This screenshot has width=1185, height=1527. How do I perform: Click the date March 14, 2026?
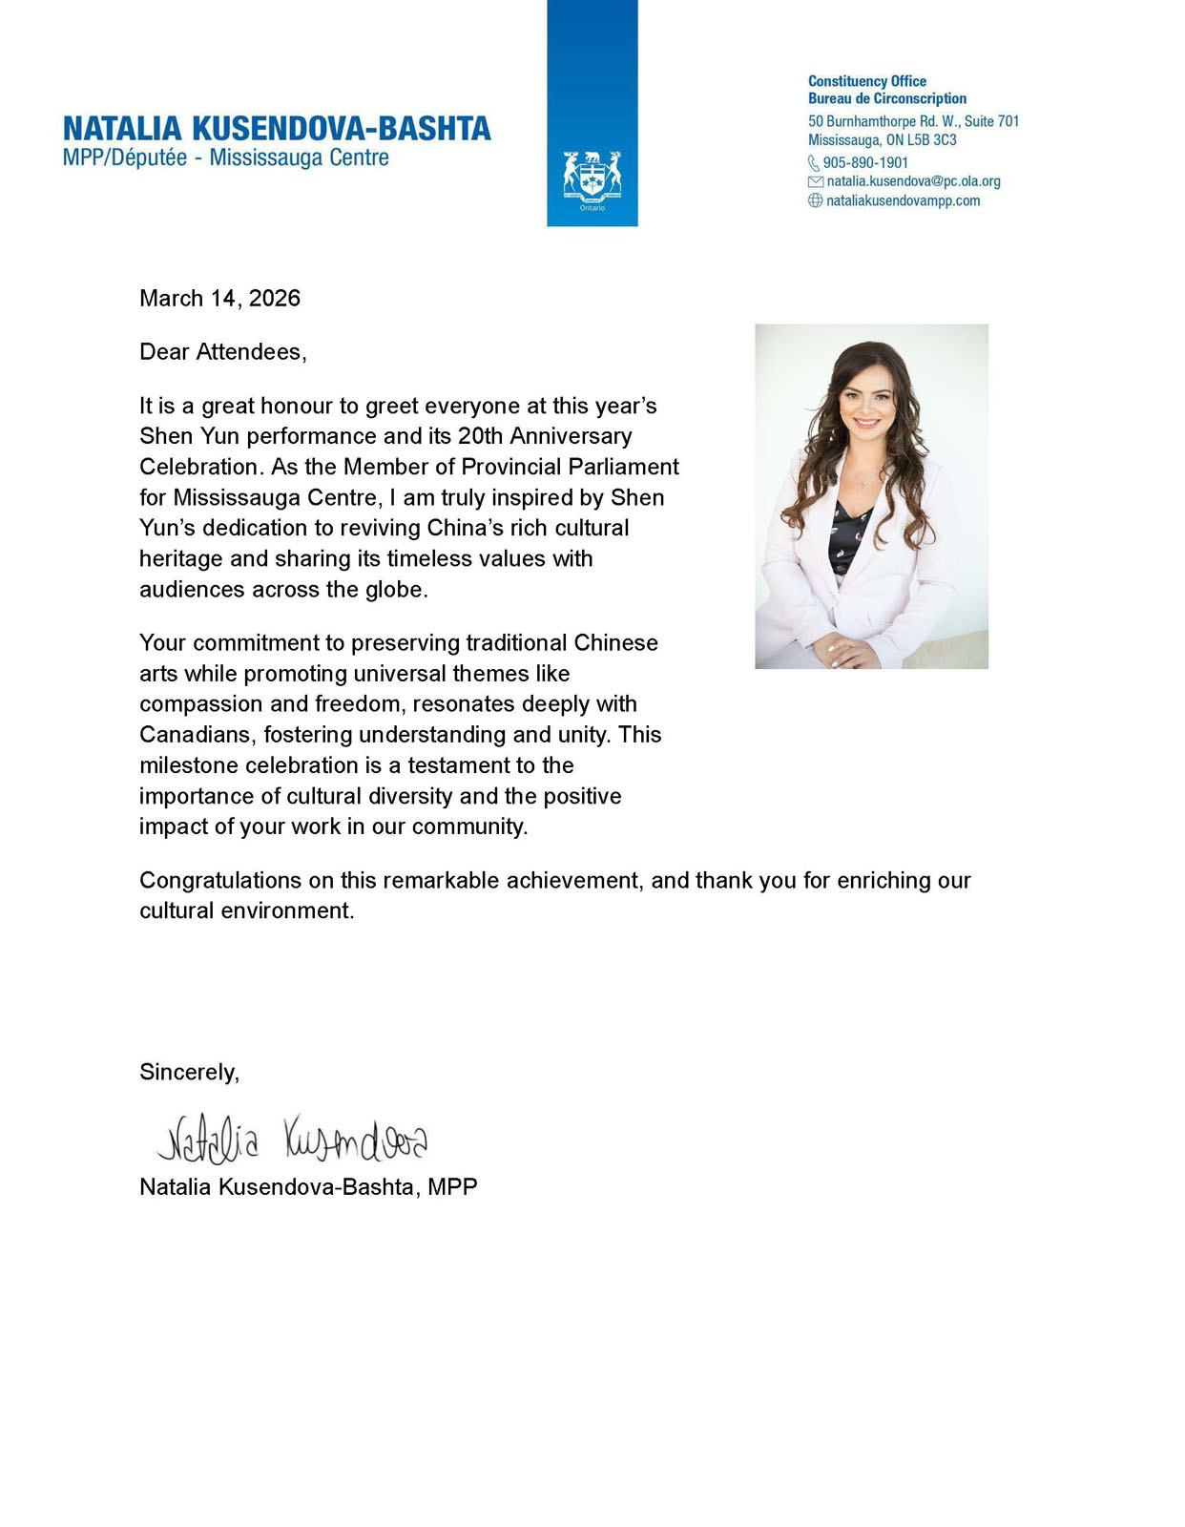[219, 299]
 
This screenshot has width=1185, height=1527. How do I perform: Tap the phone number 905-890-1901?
[865, 163]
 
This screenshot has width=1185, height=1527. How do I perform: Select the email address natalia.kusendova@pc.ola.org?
[913, 181]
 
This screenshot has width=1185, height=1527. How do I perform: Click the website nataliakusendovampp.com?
[903, 200]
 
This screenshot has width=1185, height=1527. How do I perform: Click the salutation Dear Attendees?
[222, 352]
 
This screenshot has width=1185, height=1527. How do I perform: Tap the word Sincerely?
[189, 1072]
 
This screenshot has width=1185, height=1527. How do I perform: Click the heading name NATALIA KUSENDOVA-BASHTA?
[277, 129]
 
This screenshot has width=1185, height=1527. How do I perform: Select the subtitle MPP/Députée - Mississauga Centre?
[226, 157]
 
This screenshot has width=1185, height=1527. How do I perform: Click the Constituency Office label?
[866, 81]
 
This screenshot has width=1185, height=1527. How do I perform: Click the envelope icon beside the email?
[815, 181]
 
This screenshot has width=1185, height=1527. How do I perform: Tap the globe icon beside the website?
[815, 200]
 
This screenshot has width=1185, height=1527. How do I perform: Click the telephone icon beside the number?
[814, 163]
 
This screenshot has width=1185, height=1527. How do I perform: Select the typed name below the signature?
[308, 1186]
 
